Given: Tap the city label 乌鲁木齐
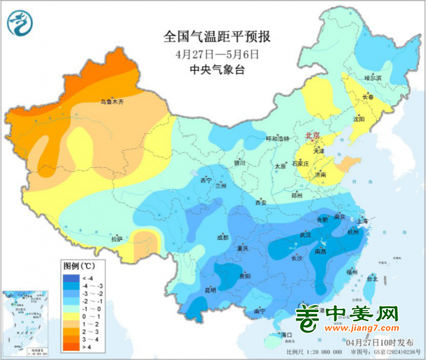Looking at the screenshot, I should [111, 102].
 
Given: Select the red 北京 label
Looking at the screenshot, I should [312, 136].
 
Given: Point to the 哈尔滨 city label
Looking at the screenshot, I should [372, 78].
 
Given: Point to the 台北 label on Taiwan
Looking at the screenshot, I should [372, 279].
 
